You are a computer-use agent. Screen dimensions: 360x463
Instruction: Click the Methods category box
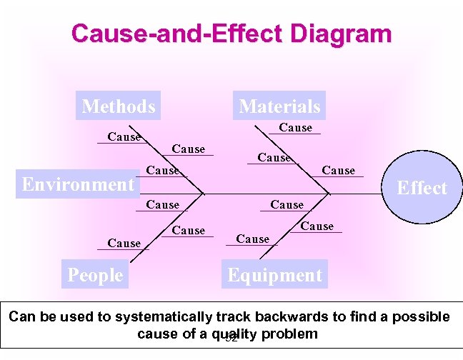pos(119,106)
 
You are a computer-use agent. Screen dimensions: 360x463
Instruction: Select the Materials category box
pos(279,106)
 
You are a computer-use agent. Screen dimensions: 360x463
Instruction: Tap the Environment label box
pos(79,184)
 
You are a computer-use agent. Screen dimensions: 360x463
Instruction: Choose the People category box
pos(95,275)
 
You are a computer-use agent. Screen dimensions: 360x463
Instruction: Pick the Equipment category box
pos(274,275)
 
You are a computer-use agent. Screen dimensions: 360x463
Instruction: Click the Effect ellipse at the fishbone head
pos(422,188)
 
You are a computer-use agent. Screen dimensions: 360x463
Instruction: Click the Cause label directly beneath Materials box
pos(295,128)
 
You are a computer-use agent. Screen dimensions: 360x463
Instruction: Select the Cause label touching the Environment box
pos(162,171)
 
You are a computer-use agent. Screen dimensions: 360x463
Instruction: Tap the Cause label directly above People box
pos(124,244)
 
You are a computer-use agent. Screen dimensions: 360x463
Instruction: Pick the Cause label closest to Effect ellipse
pos(338,171)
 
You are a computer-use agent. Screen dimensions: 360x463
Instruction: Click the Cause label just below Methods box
pos(124,137)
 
